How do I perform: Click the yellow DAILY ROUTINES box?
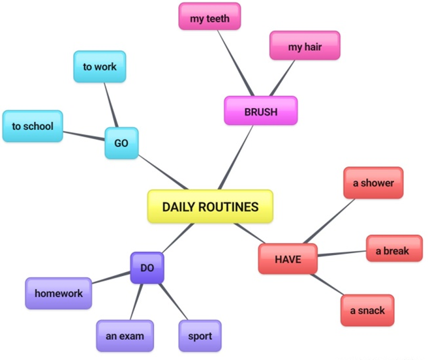click(x=210, y=206)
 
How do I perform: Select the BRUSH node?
click(x=261, y=111)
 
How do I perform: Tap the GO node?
click(x=121, y=143)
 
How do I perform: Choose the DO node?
click(x=147, y=268)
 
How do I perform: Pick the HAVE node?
click(x=288, y=259)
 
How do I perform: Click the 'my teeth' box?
click(x=209, y=16)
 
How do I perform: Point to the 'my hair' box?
click(x=305, y=45)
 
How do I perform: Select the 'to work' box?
click(x=100, y=67)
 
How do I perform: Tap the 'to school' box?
click(x=33, y=126)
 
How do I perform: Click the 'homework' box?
click(x=59, y=293)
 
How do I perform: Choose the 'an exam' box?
click(x=125, y=336)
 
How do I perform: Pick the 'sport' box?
click(x=200, y=336)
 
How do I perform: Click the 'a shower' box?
click(x=373, y=183)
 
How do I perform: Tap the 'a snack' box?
click(x=367, y=310)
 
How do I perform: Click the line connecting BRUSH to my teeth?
click(x=236, y=63)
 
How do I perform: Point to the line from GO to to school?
click(x=84, y=136)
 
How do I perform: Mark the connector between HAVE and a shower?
click(x=329, y=221)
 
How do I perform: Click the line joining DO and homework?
click(x=111, y=277)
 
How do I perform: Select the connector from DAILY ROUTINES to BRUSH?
click(x=236, y=157)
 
